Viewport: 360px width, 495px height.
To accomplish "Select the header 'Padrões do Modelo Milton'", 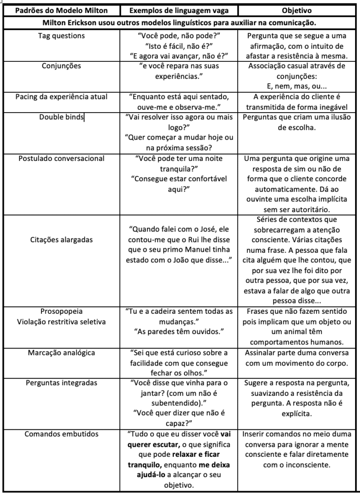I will tap(61, 10).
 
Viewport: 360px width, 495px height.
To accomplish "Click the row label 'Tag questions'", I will tap(61, 35).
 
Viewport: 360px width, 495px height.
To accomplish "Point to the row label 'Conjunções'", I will tap(61, 66).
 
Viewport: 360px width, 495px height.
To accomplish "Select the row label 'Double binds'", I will tap(61, 117).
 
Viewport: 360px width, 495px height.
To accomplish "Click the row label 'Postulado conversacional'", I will tap(61, 158).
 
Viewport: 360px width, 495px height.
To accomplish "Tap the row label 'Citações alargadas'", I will tap(61, 239).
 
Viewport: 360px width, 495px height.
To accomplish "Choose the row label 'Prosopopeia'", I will tap(61, 311).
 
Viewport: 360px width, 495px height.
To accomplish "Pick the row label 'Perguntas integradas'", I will tap(61, 383).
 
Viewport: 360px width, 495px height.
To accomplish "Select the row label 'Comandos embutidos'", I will tap(61, 434).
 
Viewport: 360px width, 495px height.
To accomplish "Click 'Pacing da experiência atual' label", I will tap(61, 97).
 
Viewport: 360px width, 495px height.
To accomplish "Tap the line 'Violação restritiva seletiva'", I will tap(61, 321).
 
